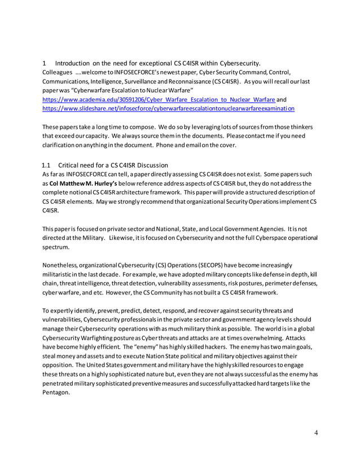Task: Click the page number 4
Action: [317, 432]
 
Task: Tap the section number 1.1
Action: [47, 165]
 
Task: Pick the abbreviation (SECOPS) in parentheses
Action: [192, 265]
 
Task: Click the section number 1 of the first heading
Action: [44, 63]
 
